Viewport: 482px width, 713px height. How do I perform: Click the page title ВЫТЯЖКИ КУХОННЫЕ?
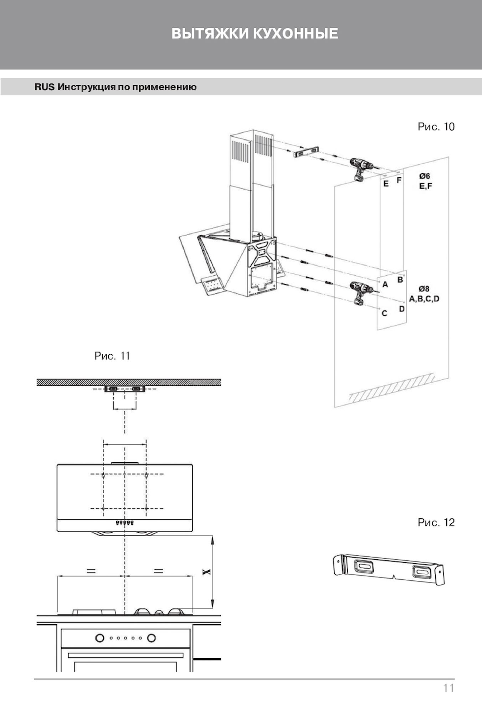[x=255, y=34]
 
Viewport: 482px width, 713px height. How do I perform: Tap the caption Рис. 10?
[x=436, y=127]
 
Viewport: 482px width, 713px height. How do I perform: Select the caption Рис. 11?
[x=112, y=356]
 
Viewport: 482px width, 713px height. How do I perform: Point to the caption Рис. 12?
[x=436, y=523]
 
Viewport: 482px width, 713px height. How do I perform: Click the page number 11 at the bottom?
[x=448, y=688]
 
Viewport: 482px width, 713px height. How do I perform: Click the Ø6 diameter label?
[x=424, y=176]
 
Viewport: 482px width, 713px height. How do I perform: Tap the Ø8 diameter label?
[x=424, y=289]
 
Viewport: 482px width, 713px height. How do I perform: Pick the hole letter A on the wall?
[x=385, y=285]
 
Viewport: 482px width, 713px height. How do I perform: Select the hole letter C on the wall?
[x=384, y=313]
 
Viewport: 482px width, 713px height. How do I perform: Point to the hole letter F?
[x=399, y=180]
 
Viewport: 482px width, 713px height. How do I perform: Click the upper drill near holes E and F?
[x=361, y=168]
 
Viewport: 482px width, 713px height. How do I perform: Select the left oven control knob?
[x=100, y=638]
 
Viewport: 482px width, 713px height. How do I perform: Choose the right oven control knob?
[x=151, y=638]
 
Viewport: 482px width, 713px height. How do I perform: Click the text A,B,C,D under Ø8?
[x=424, y=299]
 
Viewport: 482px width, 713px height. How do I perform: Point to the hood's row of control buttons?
[x=124, y=523]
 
